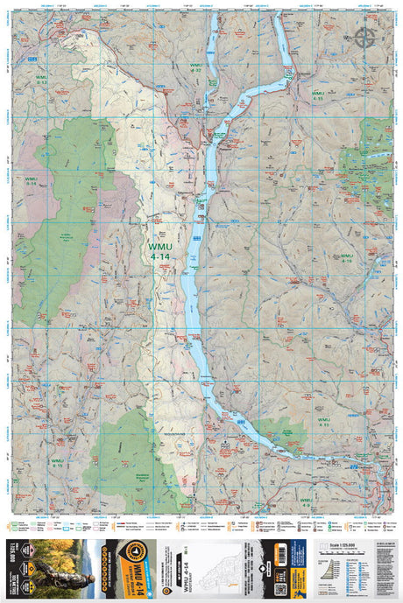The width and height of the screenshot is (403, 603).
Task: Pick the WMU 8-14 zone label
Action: (x=32, y=183)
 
